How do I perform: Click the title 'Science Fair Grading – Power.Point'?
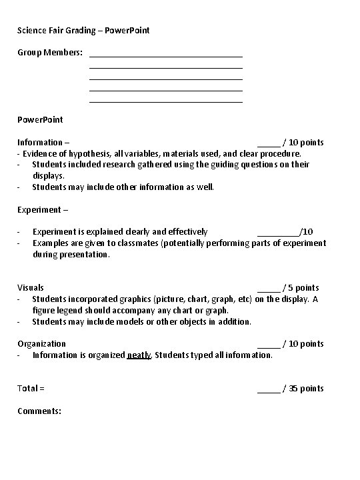coord(83,30)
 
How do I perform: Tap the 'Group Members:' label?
coord(50,52)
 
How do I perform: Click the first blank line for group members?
coord(165,56)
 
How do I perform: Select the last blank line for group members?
coord(165,101)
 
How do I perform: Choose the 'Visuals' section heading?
coord(31,288)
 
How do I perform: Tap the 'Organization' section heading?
coord(41,343)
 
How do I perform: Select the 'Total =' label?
coord(31,388)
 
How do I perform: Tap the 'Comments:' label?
coord(39,411)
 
